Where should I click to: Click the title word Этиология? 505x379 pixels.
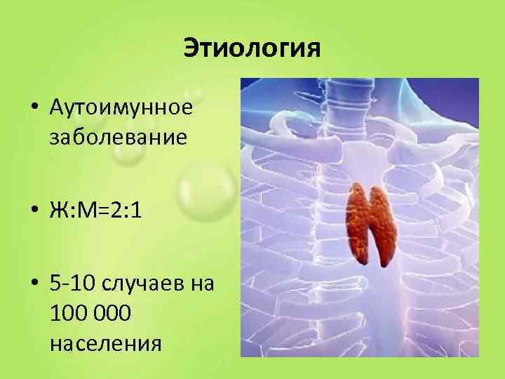point(252,48)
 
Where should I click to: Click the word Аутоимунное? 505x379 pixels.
point(121,109)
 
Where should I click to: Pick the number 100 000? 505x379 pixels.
point(90,314)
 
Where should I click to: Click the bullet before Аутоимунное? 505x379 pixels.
point(34,109)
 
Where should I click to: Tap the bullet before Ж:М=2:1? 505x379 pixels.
point(34,211)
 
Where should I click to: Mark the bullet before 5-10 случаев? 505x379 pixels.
point(34,285)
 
